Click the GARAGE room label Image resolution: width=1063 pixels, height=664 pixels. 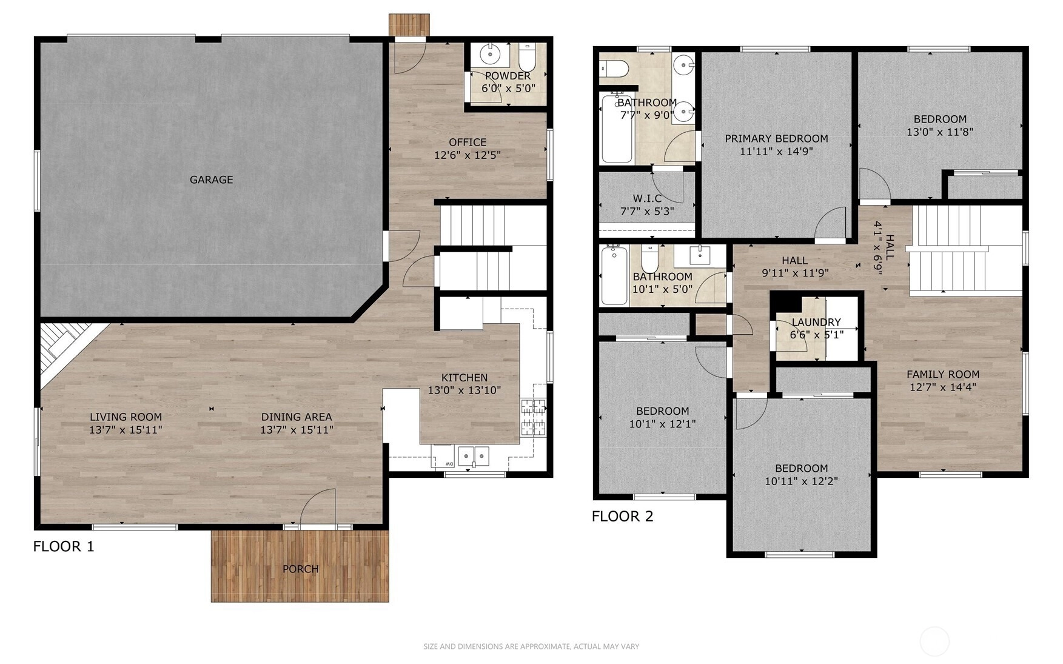(x=211, y=179)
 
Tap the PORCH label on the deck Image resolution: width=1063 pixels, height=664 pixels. (x=300, y=569)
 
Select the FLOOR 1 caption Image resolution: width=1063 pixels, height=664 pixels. (x=64, y=546)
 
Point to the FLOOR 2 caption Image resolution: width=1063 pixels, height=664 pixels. (x=623, y=516)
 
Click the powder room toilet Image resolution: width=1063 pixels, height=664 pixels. (x=526, y=58)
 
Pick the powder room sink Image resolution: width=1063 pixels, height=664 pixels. (x=489, y=55)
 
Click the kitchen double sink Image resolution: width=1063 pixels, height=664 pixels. (x=474, y=456)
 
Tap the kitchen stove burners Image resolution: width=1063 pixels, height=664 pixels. (x=532, y=417)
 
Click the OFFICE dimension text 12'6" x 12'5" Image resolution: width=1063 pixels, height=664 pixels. (x=467, y=155)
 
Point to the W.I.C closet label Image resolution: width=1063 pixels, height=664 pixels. (x=647, y=198)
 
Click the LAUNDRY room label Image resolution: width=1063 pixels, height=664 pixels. (x=816, y=322)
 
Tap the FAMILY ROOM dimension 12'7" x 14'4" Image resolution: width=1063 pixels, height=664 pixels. (x=943, y=387)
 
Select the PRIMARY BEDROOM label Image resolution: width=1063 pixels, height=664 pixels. (x=776, y=139)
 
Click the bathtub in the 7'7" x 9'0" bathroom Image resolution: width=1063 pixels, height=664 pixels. (x=617, y=128)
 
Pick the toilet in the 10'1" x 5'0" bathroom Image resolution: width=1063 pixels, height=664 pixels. (x=649, y=259)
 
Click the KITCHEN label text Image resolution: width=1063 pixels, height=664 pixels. (x=464, y=378)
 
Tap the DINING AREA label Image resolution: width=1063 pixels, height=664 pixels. (x=297, y=417)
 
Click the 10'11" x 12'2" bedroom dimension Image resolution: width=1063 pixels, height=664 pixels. (x=801, y=481)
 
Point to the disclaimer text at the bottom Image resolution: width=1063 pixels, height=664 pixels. (x=531, y=646)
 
